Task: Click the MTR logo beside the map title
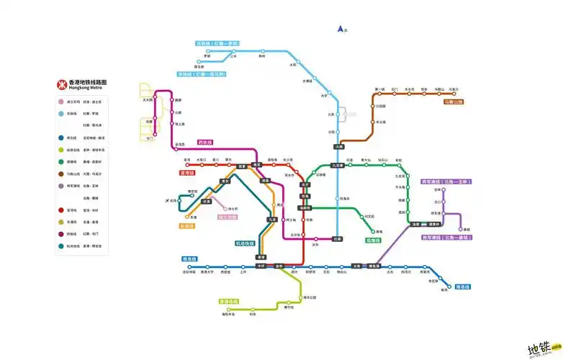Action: (x=62, y=84)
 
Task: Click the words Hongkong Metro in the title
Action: (x=85, y=88)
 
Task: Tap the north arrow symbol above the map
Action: (x=341, y=30)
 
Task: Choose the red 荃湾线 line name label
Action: (x=188, y=173)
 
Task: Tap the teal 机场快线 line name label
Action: (x=245, y=243)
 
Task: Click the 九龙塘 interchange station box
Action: (x=338, y=165)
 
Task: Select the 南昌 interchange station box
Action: (x=266, y=181)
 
